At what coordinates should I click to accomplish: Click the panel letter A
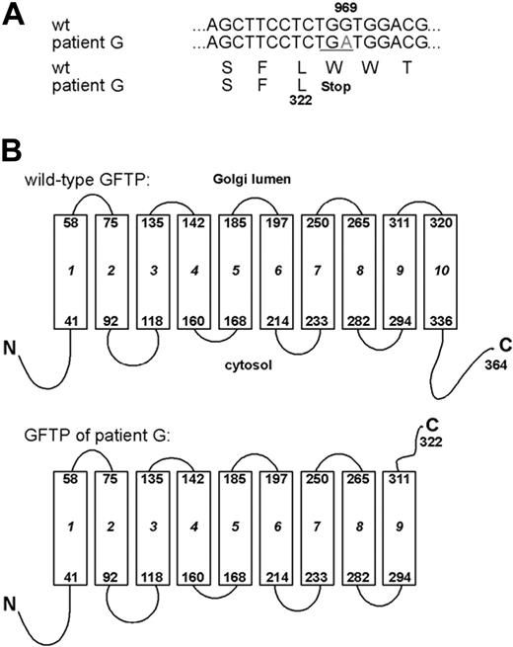point(12,13)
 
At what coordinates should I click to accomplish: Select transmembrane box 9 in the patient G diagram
point(399,526)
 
